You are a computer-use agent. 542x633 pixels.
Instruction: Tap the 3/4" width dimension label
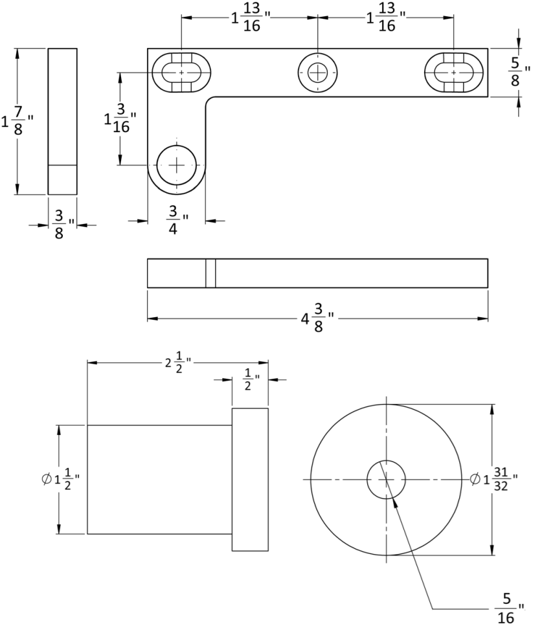pos(175,221)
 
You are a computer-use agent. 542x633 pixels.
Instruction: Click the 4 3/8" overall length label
pos(318,318)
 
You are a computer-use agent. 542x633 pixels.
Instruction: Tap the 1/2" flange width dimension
pos(251,379)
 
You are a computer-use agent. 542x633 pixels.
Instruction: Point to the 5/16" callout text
pos(507,608)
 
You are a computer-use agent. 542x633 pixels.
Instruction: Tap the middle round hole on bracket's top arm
pos(317,72)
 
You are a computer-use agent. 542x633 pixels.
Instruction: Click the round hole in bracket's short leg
pos(176,165)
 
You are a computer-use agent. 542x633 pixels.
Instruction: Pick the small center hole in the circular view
pos(386,480)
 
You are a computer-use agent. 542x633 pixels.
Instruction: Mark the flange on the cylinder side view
pos(250,480)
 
